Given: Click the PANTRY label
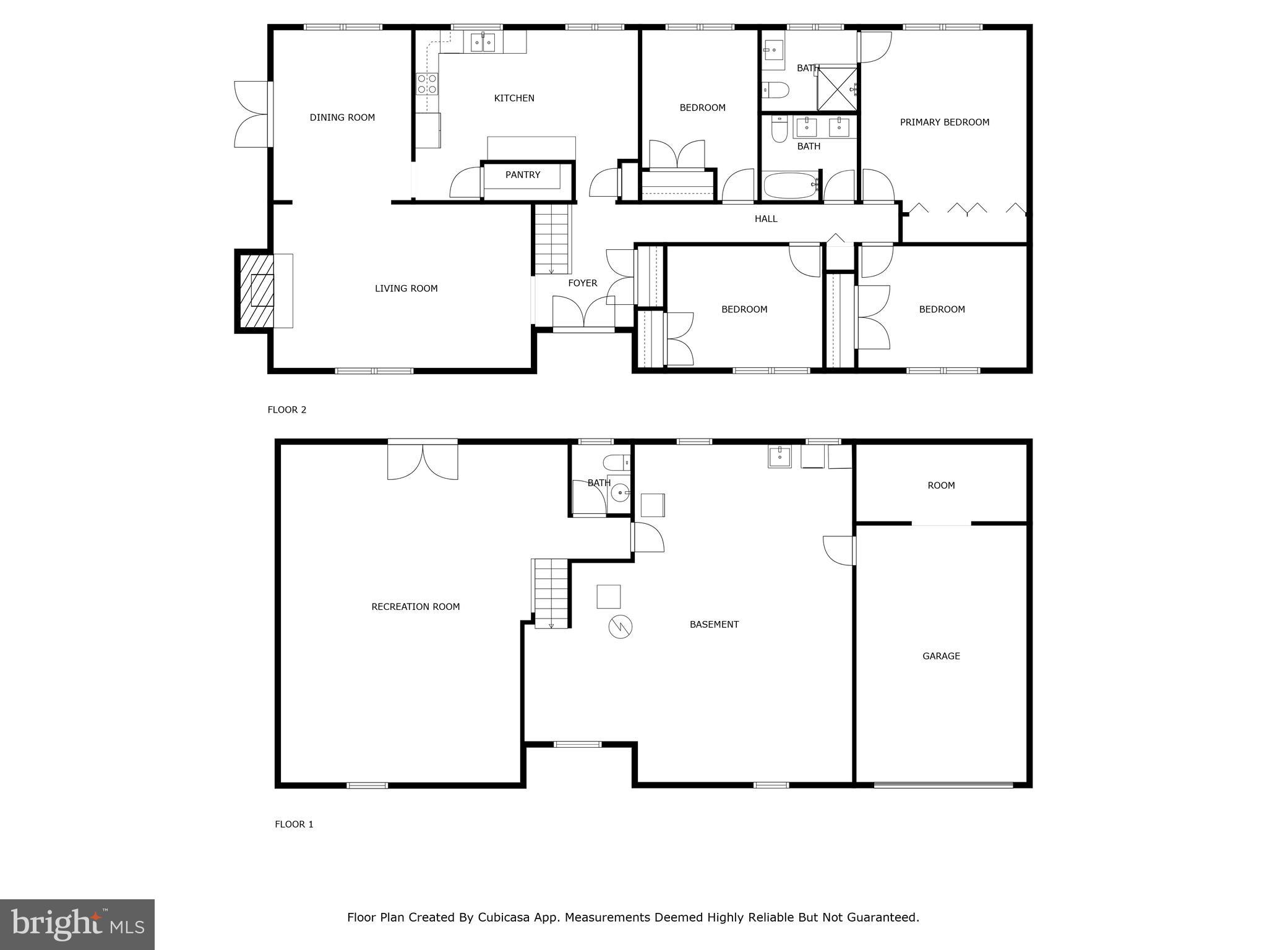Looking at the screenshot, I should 523,175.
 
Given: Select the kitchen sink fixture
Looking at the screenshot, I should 483,43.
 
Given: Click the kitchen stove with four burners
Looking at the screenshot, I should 427,83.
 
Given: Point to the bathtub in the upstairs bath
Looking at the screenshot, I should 790,185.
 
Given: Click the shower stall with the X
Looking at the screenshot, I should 837,89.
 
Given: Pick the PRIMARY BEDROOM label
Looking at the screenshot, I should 944,122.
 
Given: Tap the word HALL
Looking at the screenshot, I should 765,219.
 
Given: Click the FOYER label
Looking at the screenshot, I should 582,283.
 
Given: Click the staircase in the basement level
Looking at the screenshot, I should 551,593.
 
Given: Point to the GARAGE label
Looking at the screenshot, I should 941,656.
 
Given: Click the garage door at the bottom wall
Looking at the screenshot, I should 943,785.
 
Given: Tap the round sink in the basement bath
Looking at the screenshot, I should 619,493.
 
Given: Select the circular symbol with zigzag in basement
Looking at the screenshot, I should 620,627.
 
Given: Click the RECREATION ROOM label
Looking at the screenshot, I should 415,607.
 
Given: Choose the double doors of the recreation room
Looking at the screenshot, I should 423,460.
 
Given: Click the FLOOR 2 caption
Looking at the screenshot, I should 286,409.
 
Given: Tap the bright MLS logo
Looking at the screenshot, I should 77,924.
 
